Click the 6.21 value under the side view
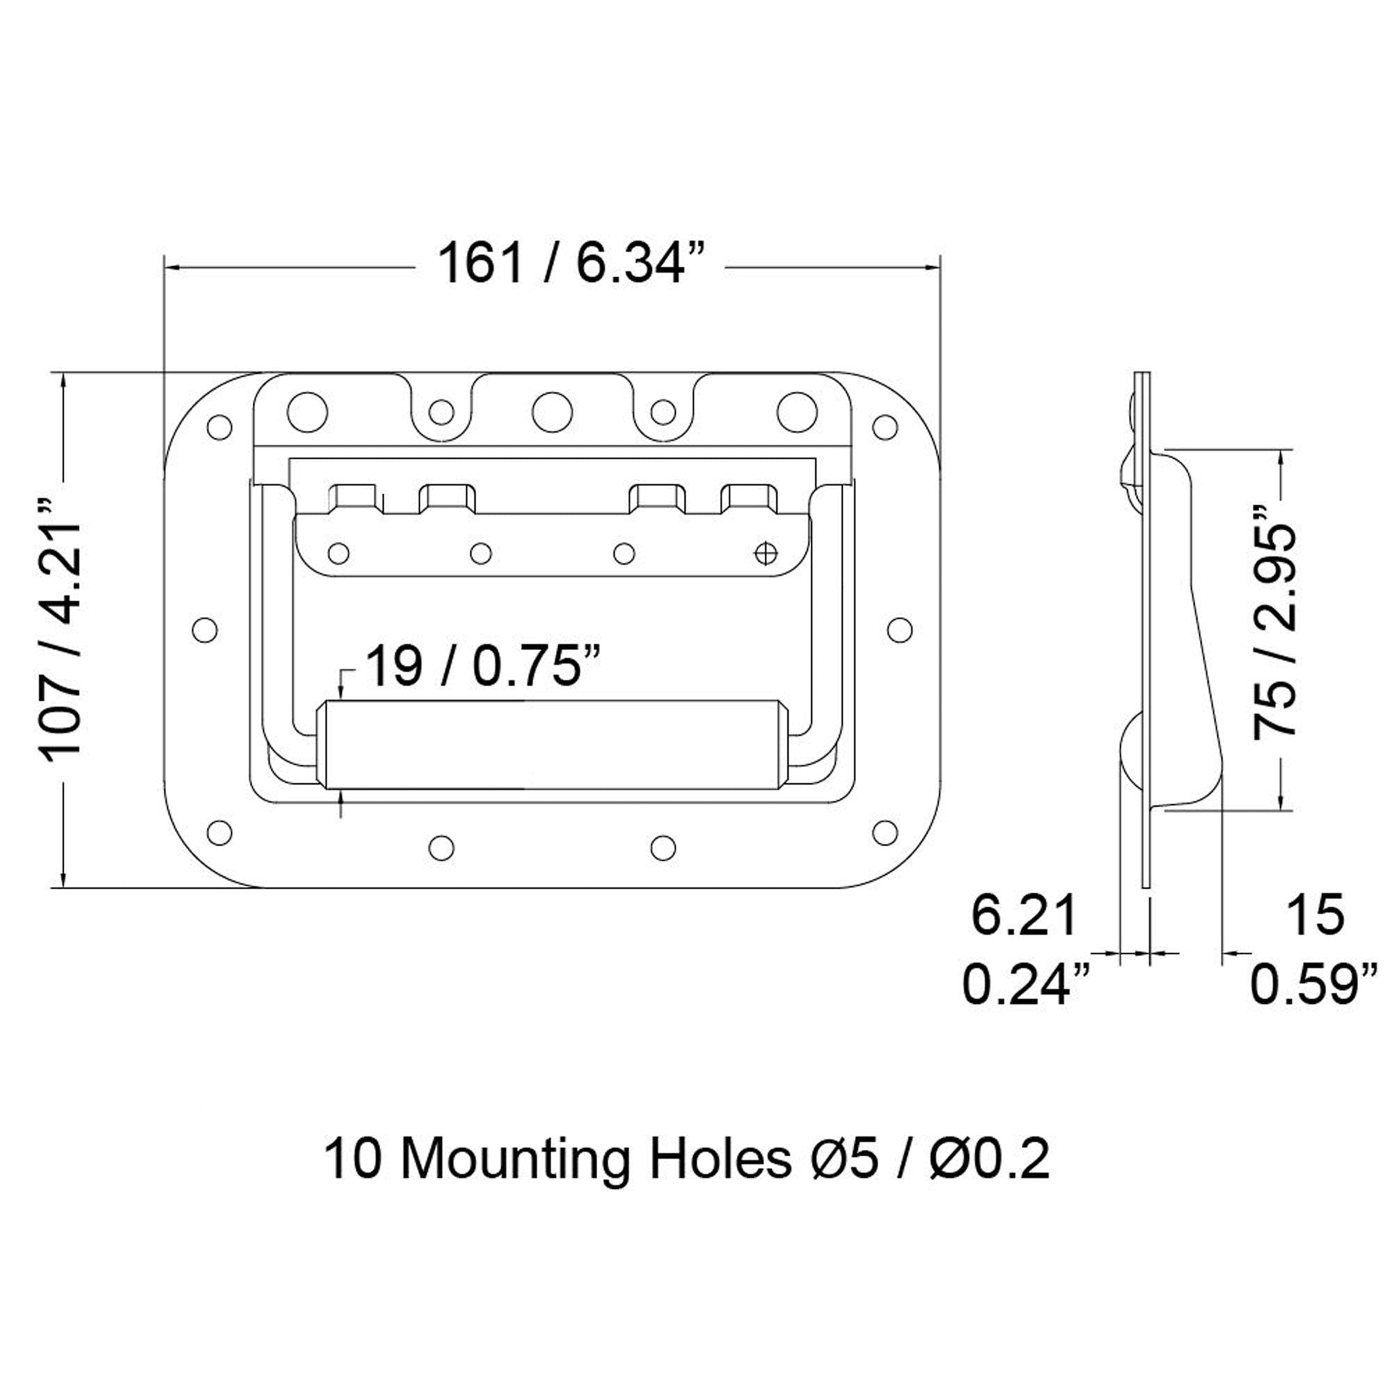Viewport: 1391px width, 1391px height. pyautogui.click(x=1023, y=915)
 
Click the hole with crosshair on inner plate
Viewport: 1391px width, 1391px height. pyautogui.click(x=765, y=553)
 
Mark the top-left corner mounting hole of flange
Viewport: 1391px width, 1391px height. pyautogui.click(x=219, y=426)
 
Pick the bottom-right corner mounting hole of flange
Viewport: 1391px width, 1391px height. pyautogui.click(x=885, y=832)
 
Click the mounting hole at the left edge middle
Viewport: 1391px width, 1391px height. pyautogui.click(x=205, y=629)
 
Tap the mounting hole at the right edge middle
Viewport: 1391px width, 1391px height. pyautogui.click(x=899, y=629)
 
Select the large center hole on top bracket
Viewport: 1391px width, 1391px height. pyautogui.click(x=552, y=412)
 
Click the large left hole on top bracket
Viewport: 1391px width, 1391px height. pyautogui.click(x=307, y=412)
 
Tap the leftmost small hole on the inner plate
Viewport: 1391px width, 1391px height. pyautogui.click(x=338, y=554)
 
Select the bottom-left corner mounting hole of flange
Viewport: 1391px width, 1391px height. pyautogui.click(x=219, y=832)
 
